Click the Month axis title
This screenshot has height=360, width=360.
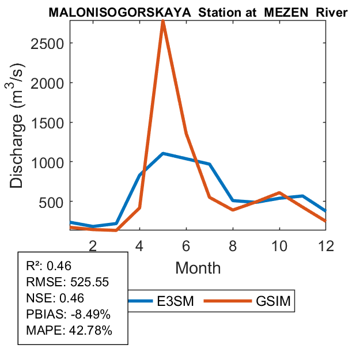pyautogui.click(x=198, y=268)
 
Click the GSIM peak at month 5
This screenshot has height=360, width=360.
pyautogui.click(x=163, y=22)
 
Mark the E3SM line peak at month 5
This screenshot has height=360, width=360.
pyautogui.click(x=163, y=153)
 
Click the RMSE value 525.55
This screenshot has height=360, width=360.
pyautogui.click(x=85, y=282)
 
